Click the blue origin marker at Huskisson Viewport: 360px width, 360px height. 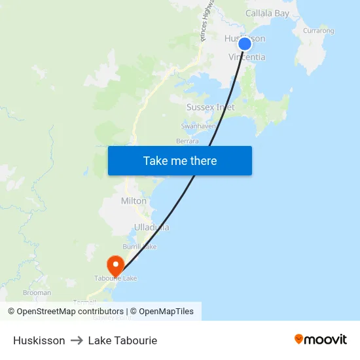[x=244, y=44]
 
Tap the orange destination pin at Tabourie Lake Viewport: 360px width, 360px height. [x=115, y=265]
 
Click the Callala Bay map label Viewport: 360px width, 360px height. [x=267, y=13]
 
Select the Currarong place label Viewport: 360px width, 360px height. [x=319, y=31]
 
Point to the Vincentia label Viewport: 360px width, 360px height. [x=247, y=58]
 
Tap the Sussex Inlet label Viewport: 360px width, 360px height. [x=210, y=107]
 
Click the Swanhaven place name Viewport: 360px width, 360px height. [x=198, y=126]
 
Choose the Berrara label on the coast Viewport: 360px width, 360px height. [x=187, y=141]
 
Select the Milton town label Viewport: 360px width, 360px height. [x=134, y=201]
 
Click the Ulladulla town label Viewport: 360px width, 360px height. [x=151, y=227]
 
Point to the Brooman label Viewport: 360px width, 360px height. [x=37, y=293]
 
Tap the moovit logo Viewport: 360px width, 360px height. [x=320, y=340]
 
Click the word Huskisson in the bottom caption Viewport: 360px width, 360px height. [x=39, y=340]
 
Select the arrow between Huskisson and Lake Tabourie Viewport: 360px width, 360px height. [x=77, y=340]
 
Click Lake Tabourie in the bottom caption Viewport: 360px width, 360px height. [x=122, y=340]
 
